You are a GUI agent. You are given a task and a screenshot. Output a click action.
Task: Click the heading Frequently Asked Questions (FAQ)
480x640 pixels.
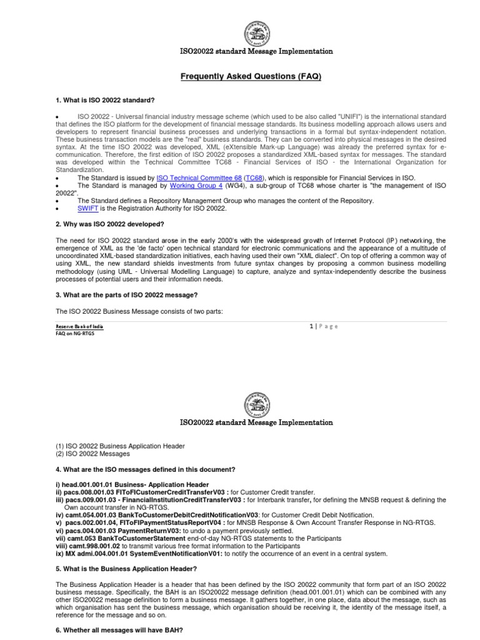click(251, 76)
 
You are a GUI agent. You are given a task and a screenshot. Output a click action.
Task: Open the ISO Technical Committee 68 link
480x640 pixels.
click(192, 178)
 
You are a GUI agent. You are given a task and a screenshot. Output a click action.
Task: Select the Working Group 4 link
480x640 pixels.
click(196, 186)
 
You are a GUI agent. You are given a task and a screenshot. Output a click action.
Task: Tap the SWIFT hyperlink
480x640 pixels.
click(87, 208)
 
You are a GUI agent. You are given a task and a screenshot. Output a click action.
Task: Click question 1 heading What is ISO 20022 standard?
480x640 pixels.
click(106, 101)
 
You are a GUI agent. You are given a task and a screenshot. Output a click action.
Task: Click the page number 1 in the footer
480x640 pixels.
click(312, 326)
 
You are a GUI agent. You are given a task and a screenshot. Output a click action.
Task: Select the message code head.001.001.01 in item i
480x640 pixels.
click(90, 485)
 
